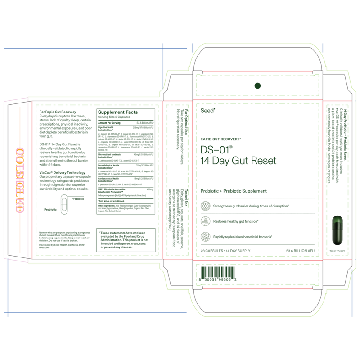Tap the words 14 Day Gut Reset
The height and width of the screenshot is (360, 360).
click(x=238, y=160)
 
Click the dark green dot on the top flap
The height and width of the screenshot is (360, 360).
click(x=258, y=85)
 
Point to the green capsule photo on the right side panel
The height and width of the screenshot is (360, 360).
click(x=337, y=230)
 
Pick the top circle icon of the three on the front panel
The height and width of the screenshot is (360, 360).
click(x=206, y=206)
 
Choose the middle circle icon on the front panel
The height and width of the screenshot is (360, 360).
click(x=206, y=221)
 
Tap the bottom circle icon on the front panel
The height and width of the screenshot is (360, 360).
click(x=206, y=236)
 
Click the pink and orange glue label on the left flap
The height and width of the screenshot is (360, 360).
click(x=20, y=180)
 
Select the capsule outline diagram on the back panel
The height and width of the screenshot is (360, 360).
click(x=64, y=205)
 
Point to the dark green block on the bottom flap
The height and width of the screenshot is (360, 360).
click(x=218, y=273)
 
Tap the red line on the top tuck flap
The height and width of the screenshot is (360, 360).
click(x=257, y=72)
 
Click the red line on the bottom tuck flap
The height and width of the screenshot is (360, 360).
click(x=257, y=288)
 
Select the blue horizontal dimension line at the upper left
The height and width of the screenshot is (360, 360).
click(x=94, y=48)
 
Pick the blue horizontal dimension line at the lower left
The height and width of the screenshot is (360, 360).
click(x=97, y=312)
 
